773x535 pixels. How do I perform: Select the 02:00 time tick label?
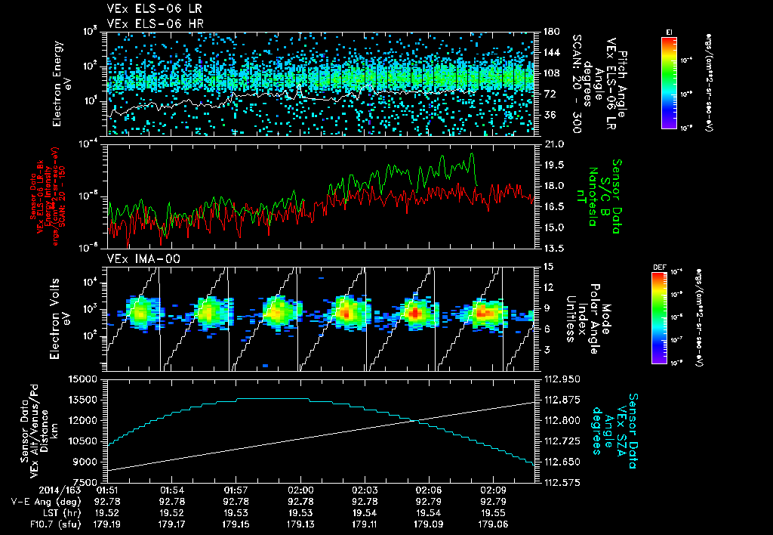pyautogui.click(x=301, y=490)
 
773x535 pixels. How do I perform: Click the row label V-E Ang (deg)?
pyautogui.click(x=41, y=500)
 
